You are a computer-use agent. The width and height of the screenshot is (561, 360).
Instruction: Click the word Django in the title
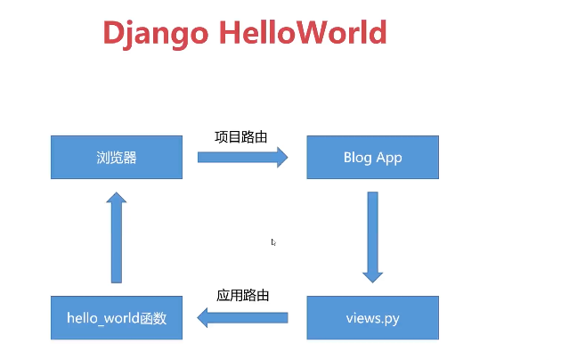click(154, 33)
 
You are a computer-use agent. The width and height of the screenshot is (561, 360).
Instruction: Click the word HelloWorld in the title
click(303, 32)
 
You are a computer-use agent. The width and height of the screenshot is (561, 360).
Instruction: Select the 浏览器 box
click(117, 158)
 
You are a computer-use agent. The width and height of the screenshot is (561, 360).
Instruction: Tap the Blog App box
click(372, 158)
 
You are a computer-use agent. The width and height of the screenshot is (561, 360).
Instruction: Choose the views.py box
click(372, 318)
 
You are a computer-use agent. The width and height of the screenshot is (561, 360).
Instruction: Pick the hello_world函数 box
click(117, 318)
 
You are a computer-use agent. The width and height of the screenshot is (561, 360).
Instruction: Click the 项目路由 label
click(241, 137)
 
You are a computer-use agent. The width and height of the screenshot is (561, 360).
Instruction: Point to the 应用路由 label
click(242, 295)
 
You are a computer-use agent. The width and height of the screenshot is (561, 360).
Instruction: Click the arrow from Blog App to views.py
click(372, 236)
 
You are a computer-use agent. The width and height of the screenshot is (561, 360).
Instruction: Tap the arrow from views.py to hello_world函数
click(242, 317)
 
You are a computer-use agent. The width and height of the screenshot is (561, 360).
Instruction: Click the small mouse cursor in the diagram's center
click(273, 241)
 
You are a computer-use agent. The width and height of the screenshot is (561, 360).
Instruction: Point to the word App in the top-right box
click(388, 158)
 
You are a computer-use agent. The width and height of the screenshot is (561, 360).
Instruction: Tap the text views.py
click(372, 318)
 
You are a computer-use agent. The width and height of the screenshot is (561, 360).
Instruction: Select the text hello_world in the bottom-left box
click(102, 318)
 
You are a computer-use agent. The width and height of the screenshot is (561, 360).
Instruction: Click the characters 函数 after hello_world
click(153, 318)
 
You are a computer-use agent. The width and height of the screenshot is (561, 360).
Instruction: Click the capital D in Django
click(114, 33)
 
